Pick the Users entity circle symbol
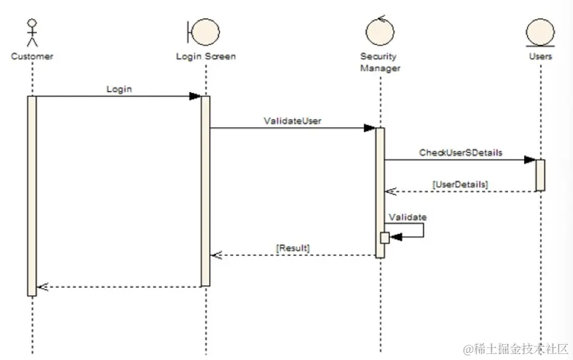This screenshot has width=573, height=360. click(x=540, y=32)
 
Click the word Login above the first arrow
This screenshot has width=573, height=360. click(x=119, y=89)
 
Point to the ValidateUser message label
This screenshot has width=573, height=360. click(x=292, y=121)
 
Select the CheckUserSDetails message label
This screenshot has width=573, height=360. click(x=460, y=152)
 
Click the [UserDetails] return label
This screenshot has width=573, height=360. click(x=460, y=184)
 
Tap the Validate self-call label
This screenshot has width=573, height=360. click(x=407, y=217)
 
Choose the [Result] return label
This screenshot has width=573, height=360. click(x=293, y=247)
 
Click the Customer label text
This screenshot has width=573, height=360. click(x=32, y=56)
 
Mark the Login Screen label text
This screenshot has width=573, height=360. click(x=205, y=56)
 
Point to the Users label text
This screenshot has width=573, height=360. click(x=541, y=56)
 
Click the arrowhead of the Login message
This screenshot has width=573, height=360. click(x=195, y=96)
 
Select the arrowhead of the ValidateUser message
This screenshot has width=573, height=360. click(x=370, y=128)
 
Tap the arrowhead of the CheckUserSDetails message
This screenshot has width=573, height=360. click(x=530, y=160)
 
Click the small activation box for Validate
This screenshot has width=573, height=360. click(x=384, y=237)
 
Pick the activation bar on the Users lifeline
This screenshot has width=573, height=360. click(x=541, y=175)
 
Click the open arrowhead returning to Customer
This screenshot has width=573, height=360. click(x=42, y=287)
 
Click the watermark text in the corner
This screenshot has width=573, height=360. click(x=516, y=349)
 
